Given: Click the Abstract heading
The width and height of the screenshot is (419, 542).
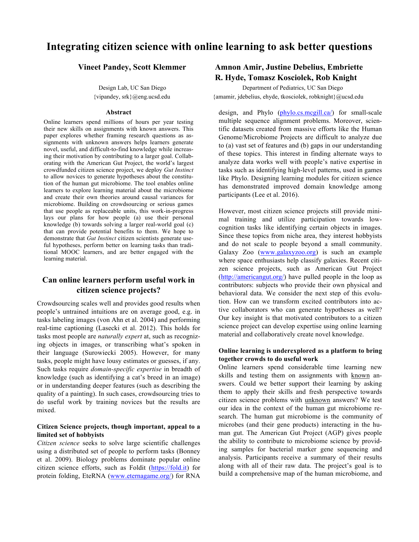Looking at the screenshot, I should pyautogui.click(x=118, y=112).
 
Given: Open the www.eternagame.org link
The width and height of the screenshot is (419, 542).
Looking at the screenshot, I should pyautogui.click(x=141, y=476).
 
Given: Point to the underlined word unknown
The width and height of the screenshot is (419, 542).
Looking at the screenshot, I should pyautogui.click(x=317, y=400).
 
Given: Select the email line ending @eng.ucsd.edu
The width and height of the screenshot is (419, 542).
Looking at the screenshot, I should pyautogui.click(x=132, y=97).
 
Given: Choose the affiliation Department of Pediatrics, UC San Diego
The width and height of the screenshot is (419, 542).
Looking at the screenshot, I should pyautogui.click(x=292, y=88).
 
